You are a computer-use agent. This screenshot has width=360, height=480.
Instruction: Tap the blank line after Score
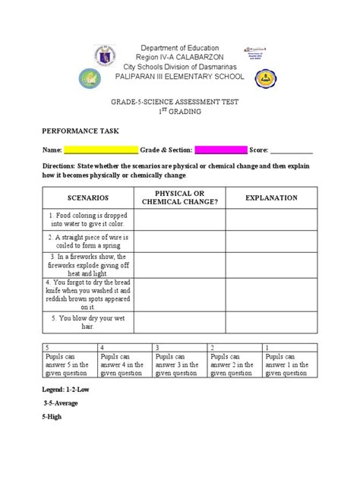[292, 150]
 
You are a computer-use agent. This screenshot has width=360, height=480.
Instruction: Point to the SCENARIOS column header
[87, 197]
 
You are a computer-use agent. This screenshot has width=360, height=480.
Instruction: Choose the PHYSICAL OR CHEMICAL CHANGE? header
[179, 197]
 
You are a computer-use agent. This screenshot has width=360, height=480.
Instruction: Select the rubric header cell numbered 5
[70, 346]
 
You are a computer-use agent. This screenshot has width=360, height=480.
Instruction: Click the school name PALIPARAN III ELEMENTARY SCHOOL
[179, 77]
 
